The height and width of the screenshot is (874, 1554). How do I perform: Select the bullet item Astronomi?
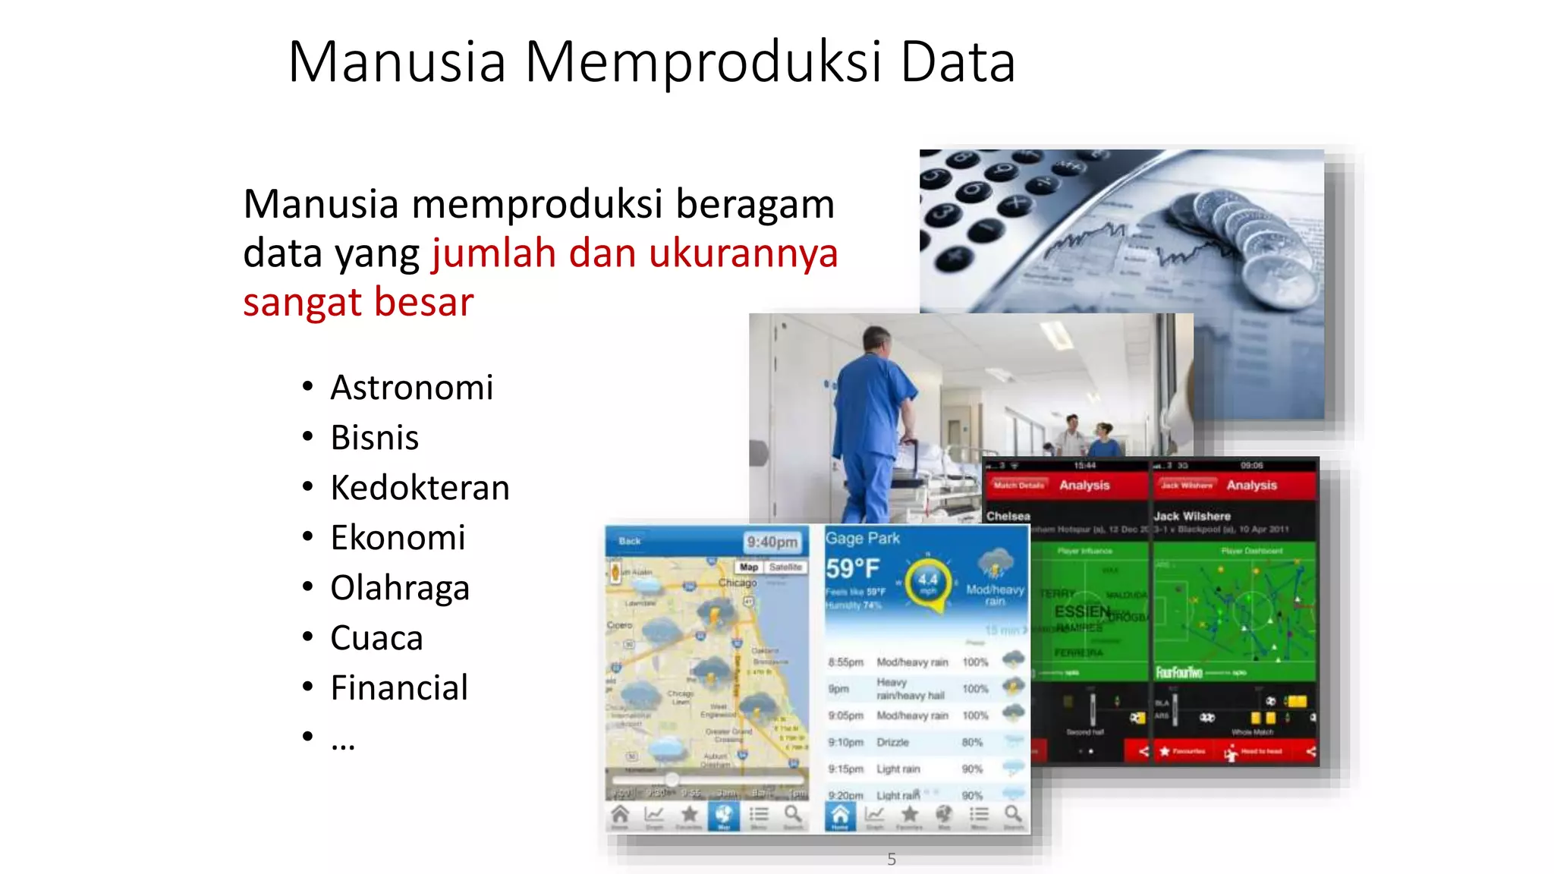click(x=411, y=388)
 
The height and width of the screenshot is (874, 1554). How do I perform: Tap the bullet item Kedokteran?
click(x=420, y=488)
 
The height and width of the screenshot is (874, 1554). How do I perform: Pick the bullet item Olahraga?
click(x=400, y=588)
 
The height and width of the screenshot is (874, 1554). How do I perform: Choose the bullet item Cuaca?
click(x=376, y=638)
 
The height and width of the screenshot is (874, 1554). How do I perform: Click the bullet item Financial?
click(x=399, y=688)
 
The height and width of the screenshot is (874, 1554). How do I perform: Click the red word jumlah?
click(x=494, y=253)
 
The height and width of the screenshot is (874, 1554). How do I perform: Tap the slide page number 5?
click(x=892, y=859)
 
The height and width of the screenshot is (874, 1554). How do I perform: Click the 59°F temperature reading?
click(x=853, y=569)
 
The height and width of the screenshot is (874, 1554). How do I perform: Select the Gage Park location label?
click(x=862, y=539)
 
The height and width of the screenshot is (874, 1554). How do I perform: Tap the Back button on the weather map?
click(x=629, y=541)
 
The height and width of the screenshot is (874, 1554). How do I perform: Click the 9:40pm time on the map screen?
click(x=772, y=542)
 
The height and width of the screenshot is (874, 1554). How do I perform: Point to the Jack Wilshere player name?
click(x=1192, y=516)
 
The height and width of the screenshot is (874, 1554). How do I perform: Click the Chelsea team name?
click(x=1008, y=516)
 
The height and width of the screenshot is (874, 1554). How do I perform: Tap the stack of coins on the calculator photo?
click(x=1252, y=243)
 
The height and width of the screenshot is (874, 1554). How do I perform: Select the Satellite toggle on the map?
click(x=785, y=567)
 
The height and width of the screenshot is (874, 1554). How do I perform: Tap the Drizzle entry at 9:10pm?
click(x=892, y=742)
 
